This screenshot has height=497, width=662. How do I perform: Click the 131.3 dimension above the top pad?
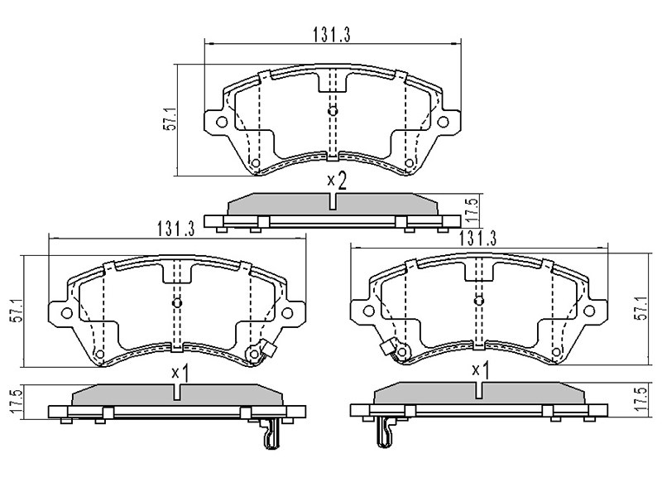[332, 35]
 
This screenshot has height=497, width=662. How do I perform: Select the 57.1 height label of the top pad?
[171, 120]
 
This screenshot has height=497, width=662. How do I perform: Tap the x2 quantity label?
[338, 181]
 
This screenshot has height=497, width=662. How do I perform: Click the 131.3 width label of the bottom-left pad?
[176, 229]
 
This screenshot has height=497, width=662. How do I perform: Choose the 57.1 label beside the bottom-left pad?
[17, 311]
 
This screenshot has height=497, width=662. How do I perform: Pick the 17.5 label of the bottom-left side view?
[17, 403]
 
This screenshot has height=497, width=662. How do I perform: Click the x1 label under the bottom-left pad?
[180, 374]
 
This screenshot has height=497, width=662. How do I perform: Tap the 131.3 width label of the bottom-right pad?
[477, 239]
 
